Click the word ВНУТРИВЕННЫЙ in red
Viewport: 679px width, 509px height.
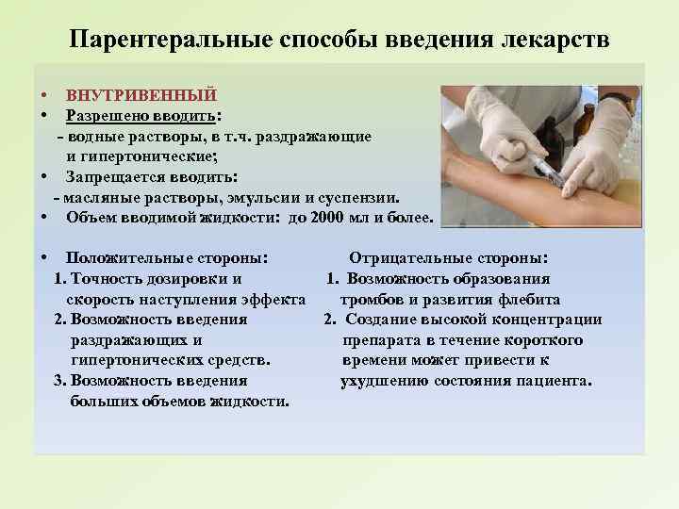[141, 95]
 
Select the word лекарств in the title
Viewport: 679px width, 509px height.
[557, 41]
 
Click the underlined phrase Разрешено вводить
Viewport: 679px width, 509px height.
[141, 116]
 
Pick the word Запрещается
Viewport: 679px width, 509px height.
[110, 177]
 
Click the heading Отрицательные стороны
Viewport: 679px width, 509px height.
[449, 258]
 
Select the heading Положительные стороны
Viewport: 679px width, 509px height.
[166, 258]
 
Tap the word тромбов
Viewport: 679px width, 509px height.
[376, 300]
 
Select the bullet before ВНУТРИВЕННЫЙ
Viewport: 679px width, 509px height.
[44, 96]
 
